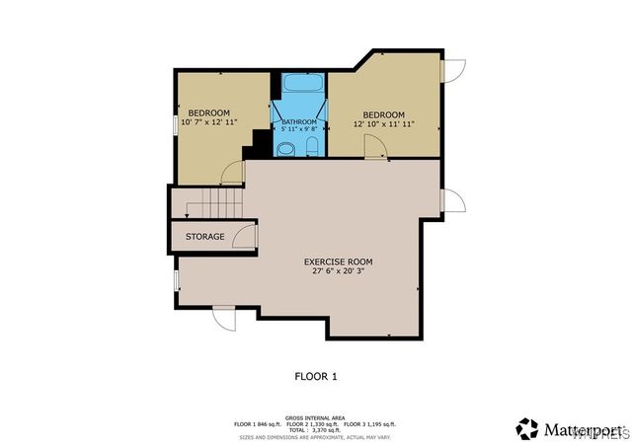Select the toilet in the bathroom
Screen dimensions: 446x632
pos(312,148)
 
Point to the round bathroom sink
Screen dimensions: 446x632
pos(286,149)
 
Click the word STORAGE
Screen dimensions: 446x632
pos(204,237)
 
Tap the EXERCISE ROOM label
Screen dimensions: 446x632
pos(338,261)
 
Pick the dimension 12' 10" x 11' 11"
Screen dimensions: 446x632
pos(383,124)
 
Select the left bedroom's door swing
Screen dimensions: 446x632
pos(233,173)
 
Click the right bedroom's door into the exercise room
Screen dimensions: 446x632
pos(374,147)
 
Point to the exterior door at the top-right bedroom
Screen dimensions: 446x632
pos(452,70)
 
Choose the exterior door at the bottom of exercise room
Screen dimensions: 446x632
pos(224,319)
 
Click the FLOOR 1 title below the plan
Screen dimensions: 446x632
pos(316,376)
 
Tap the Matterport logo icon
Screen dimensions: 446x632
pos(527,428)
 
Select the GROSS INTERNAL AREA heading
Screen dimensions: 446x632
pos(315,417)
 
